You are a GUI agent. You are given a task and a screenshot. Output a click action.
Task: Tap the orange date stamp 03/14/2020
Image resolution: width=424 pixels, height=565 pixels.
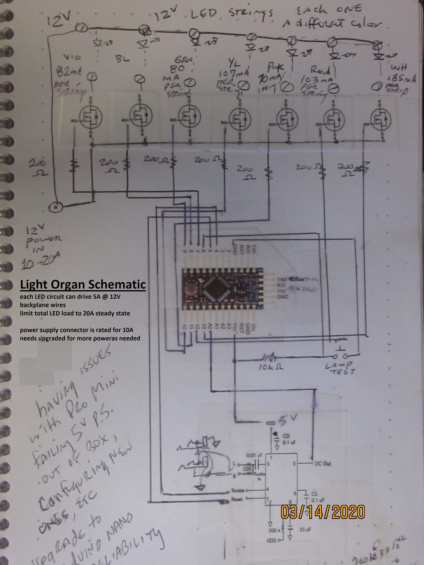tap(323, 512)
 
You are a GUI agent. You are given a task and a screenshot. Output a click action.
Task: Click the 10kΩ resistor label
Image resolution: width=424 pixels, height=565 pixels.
tap(271, 367)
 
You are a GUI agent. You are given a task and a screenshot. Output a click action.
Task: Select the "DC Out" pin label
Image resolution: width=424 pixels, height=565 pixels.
tap(323, 464)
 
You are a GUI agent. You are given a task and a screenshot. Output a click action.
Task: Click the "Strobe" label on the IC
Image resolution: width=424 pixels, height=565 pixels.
tap(237, 490)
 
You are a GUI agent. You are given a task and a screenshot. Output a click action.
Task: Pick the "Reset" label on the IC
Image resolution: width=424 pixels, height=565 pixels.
tap(237, 499)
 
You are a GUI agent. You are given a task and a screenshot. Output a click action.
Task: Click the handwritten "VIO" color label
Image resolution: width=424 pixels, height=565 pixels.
tap(72, 57)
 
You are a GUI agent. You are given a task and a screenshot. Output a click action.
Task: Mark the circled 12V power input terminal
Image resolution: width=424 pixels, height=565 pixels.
tap(56, 207)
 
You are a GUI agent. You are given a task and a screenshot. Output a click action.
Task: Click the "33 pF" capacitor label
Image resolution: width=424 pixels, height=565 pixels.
tap(305, 529)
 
